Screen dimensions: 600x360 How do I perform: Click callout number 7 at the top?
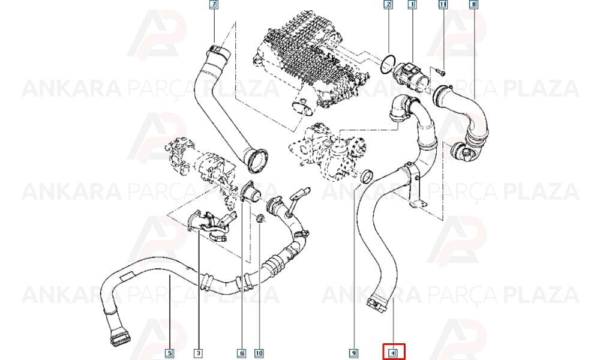[x=214, y=5]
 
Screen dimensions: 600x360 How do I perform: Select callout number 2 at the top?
[x=388, y=5]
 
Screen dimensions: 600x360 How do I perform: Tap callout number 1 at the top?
[x=412, y=5]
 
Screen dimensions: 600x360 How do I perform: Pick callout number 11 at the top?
[x=443, y=5]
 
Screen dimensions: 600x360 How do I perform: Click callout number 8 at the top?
[x=474, y=5]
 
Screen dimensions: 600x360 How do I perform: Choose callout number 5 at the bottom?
[x=170, y=353]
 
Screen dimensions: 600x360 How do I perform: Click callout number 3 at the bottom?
[x=198, y=353]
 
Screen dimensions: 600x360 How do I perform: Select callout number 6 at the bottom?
[x=241, y=353]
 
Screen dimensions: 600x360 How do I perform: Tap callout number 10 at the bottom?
[x=259, y=353]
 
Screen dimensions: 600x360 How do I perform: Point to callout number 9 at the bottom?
[x=354, y=353]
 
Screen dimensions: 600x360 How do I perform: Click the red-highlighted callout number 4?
[x=394, y=352]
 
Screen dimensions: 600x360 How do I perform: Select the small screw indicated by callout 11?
[x=439, y=71]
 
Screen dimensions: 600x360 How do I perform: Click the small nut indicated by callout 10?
[x=260, y=218]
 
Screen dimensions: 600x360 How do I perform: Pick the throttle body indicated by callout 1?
[x=413, y=76]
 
